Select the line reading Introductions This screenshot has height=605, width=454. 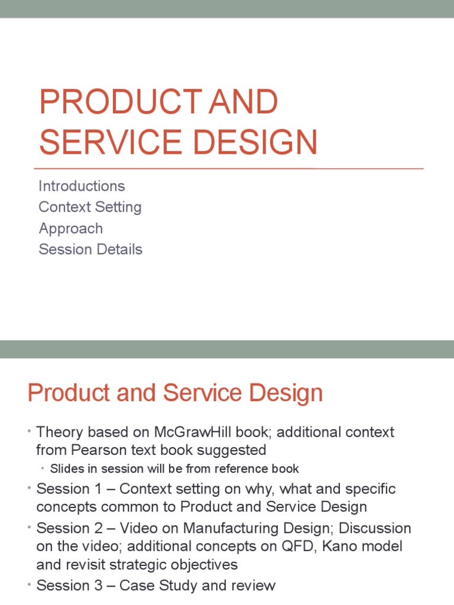(x=82, y=186)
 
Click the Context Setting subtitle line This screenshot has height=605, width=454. (x=90, y=207)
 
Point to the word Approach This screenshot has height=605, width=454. (x=70, y=229)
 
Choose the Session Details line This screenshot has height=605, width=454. (x=90, y=249)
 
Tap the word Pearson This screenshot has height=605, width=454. (x=99, y=450)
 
